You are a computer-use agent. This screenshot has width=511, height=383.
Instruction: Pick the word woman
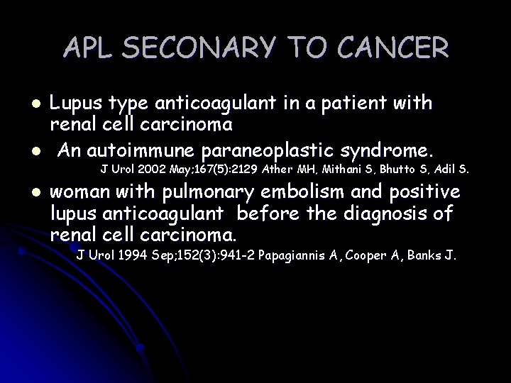coord(81,192)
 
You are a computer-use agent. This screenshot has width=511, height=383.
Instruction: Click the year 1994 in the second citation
coord(136,256)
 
